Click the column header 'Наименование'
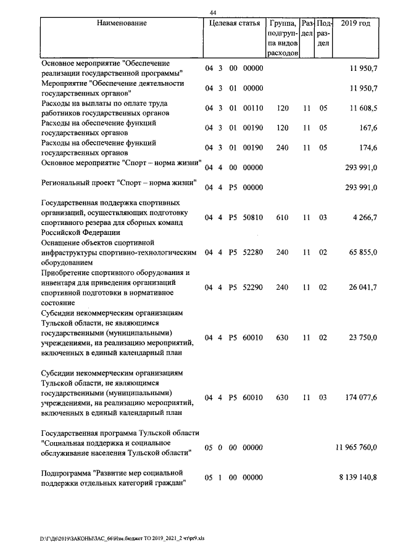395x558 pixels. (122, 23)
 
